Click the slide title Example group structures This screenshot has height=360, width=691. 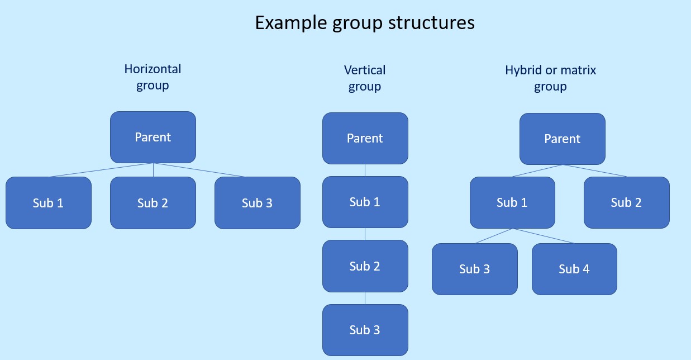coord(365,23)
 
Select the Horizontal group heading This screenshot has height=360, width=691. coord(153,77)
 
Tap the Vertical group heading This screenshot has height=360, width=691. coord(365,78)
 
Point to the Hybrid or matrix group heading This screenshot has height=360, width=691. coord(550,78)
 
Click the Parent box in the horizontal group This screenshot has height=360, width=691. coord(153,137)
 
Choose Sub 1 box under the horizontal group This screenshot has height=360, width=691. coord(49,203)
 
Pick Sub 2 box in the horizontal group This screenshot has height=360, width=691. coord(153,203)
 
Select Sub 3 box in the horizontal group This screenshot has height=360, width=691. coord(258,203)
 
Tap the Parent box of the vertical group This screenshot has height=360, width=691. coord(365,138)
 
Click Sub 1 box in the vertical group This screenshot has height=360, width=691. coord(365,202)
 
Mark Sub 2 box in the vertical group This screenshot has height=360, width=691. coord(365,266)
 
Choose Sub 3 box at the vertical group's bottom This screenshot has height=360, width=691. coord(365,330)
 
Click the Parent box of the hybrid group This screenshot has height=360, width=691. coord(563,139)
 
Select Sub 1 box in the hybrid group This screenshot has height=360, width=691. coord(512,202)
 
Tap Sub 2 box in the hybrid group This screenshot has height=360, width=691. coord(627,202)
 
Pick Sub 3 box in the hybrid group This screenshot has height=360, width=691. coord(475,269)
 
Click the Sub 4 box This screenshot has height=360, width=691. coord(574,269)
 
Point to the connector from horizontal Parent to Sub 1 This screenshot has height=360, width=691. coord(101,170)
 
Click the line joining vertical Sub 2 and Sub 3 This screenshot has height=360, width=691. coord(365,299)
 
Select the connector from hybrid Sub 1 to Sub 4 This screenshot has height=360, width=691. coord(543,236)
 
